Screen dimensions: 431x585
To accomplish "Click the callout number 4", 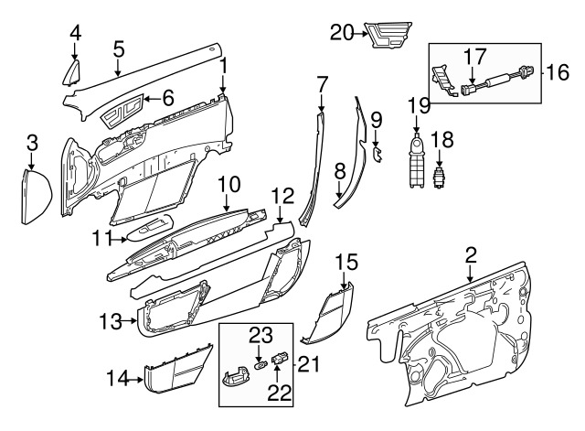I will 76,33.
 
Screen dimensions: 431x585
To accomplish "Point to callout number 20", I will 342,33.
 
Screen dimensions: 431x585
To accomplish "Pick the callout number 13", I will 110,321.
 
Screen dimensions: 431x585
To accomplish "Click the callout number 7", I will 322,84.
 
